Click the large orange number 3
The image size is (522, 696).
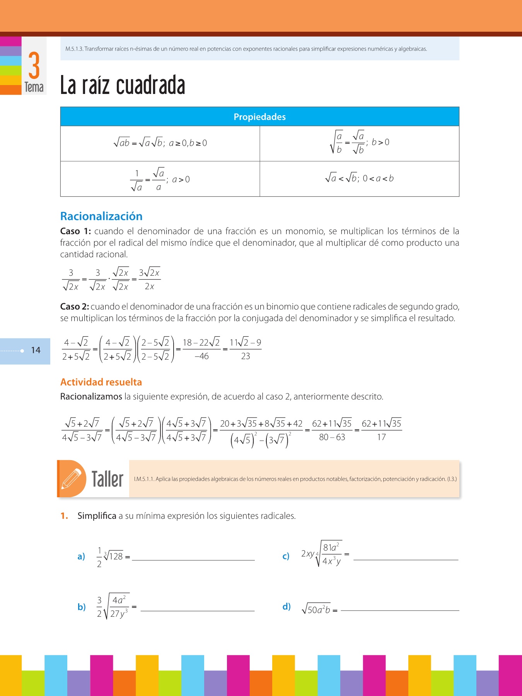pyautogui.click(x=34, y=65)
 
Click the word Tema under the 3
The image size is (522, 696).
pyautogui.click(x=34, y=87)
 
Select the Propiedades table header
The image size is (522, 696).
pyautogui.click(x=259, y=117)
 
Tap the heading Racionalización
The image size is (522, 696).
pyautogui.click(x=101, y=216)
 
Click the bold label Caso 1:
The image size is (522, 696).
pyautogui.click(x=75, y=231)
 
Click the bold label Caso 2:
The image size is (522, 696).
pyautogui.click(x=74, y=307)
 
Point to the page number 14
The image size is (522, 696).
pyautogui.click(x=36, y=350)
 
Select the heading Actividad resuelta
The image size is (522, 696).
pyautogui.click(x=101, y=382)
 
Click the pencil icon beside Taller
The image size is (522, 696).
pyautogui.click(x=72, y=479)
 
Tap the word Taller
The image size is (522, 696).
pyautogui.click(x=107, y=479)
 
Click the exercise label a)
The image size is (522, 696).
pyautogui.click(x=81, y=556)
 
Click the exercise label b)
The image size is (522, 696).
pyautogui.click(x=82, y=607)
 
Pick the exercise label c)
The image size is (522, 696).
pyautogui.click(x=286, y=556)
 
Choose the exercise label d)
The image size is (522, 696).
pyautogui.click(x=287, y=606)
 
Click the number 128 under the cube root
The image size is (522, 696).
pyautogui.click(x=116, y=556)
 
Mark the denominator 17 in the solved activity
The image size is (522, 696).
pyautogui.click(x=381, y=437)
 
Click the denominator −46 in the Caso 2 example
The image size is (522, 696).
pyautogui.click(x=201, y=356)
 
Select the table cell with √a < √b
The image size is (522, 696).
pyautogui.click(x=359, y=179)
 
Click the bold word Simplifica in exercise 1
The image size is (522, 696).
pyautogui.click(x=97, y=516)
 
